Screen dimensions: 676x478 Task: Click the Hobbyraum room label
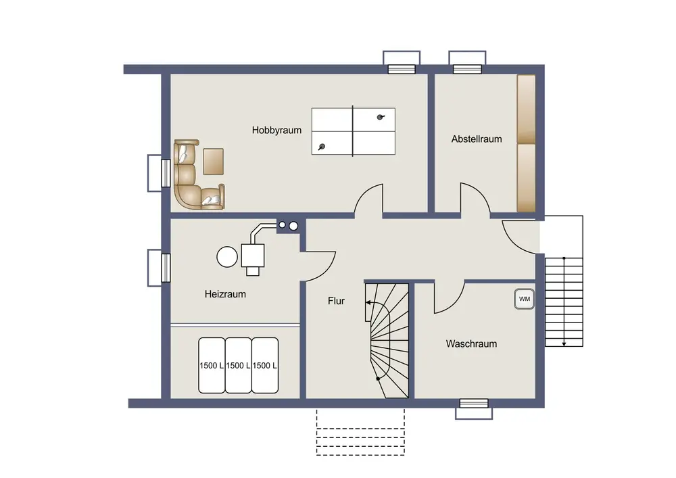point(276,130)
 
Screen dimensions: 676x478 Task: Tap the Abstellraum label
point(477,139)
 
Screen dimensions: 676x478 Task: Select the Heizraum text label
point(225,294)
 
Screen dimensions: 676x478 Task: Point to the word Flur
point(336,301)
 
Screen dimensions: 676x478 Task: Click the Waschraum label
point(471,344)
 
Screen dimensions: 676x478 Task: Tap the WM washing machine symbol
point(525,299)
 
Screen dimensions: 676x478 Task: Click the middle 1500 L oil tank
point(239,366)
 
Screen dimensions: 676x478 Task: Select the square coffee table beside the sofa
point(213,161)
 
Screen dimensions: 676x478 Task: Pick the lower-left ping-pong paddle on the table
point(322,147)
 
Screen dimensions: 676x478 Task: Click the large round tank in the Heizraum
point(227,257)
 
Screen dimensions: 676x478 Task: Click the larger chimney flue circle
point(293,226)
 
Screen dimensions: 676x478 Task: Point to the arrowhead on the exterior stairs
point(564,343)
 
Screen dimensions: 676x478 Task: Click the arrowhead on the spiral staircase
point(368,303)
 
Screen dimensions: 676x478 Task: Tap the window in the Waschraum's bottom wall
point(474,404)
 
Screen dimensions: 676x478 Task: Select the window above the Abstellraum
point(467,69)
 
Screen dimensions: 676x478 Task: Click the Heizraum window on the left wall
point(166,268)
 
